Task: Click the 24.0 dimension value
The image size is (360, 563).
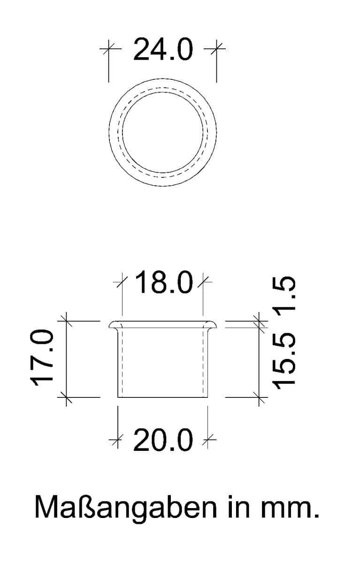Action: coord(163,50)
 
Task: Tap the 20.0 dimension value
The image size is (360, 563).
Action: coord(163,441)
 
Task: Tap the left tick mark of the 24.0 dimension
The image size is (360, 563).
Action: coord(108,47)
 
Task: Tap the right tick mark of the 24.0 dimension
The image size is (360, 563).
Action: coord(216,47)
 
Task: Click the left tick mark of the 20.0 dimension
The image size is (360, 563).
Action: coord(117,440)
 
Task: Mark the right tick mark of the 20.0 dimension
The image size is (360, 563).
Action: coord(207,440)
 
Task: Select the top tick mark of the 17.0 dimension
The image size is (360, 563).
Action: coord(65,321)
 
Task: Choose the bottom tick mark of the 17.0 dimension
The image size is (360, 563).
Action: coord(65,397)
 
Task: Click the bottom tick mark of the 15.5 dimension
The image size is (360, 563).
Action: coord(259,397)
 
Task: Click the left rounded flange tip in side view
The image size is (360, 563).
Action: coord(111,325)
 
